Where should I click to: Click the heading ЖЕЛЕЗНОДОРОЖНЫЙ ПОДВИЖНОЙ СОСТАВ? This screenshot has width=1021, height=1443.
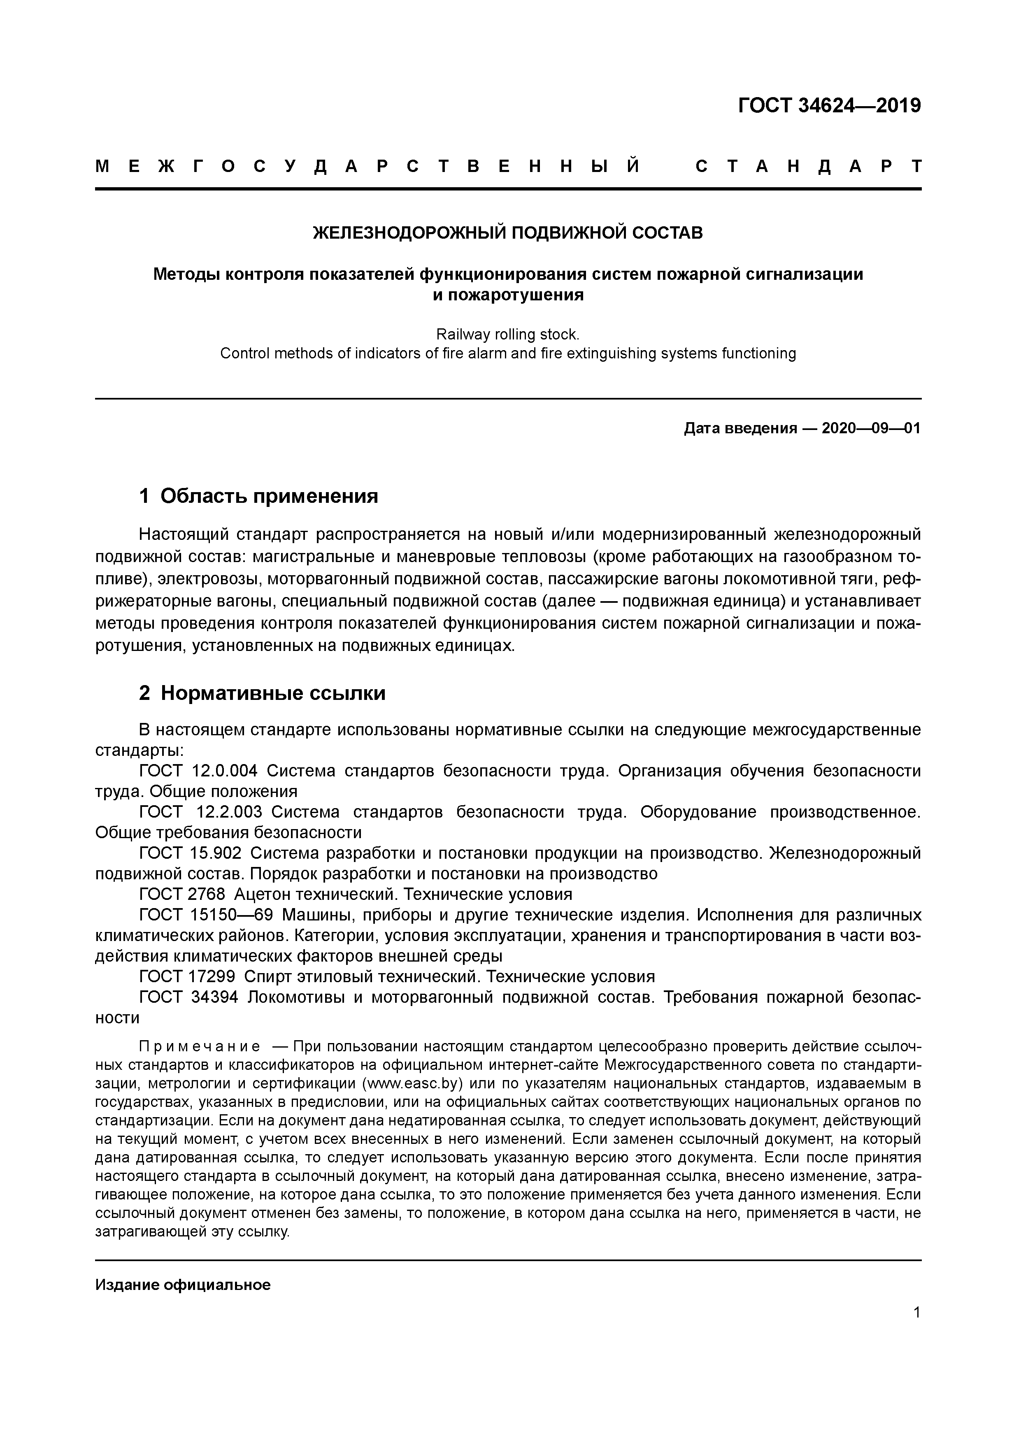pos(508,232)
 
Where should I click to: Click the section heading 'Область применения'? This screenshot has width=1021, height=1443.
pos(269,497)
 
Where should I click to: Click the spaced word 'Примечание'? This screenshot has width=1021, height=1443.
pos(199,1046)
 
